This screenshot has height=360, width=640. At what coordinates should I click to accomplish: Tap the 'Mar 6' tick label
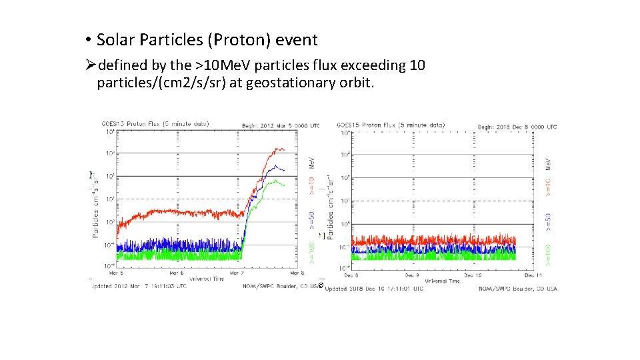coord(176,272)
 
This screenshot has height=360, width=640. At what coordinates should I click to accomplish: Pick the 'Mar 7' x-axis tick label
coord(237,272)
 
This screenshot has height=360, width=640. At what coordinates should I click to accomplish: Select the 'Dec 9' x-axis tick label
coord(412,274)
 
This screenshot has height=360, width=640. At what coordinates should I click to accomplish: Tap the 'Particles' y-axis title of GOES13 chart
coord(96,217)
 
